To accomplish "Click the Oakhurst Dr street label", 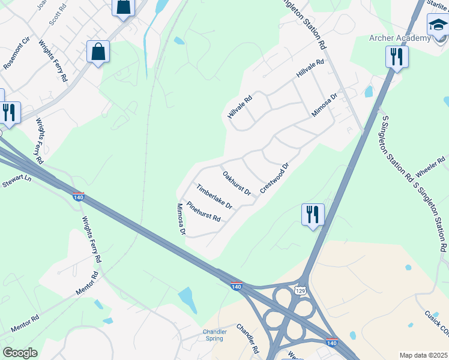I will click(x=237, y=184).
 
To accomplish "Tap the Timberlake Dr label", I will click(x=214, y=197).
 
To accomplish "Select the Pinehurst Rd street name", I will click(x=203, y=211).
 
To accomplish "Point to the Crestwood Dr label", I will click(x=275, y=178).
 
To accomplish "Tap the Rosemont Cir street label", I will click(x=16, y=55).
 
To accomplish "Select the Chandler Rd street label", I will click(x=247, y=338).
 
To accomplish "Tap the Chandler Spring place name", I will click(x=214, y=335).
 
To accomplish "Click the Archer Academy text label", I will click(x=399, y=38).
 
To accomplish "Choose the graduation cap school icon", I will click(x=438, y=26).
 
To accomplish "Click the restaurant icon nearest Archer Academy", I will click(x=396, y=57).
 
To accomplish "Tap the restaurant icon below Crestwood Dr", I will click(x=313, y=215).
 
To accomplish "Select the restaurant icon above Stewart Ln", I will click(x=10, y=112).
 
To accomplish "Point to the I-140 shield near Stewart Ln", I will click(x=78, y=197).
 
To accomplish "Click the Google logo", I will click(x=20, y=353).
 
